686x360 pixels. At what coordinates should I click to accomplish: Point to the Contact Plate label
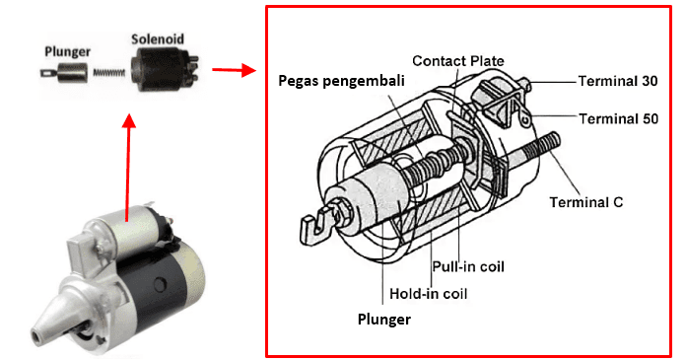point(457,61)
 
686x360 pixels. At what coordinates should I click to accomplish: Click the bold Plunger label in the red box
point(384,319)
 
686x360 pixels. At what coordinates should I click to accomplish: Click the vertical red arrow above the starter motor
point(126,168)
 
